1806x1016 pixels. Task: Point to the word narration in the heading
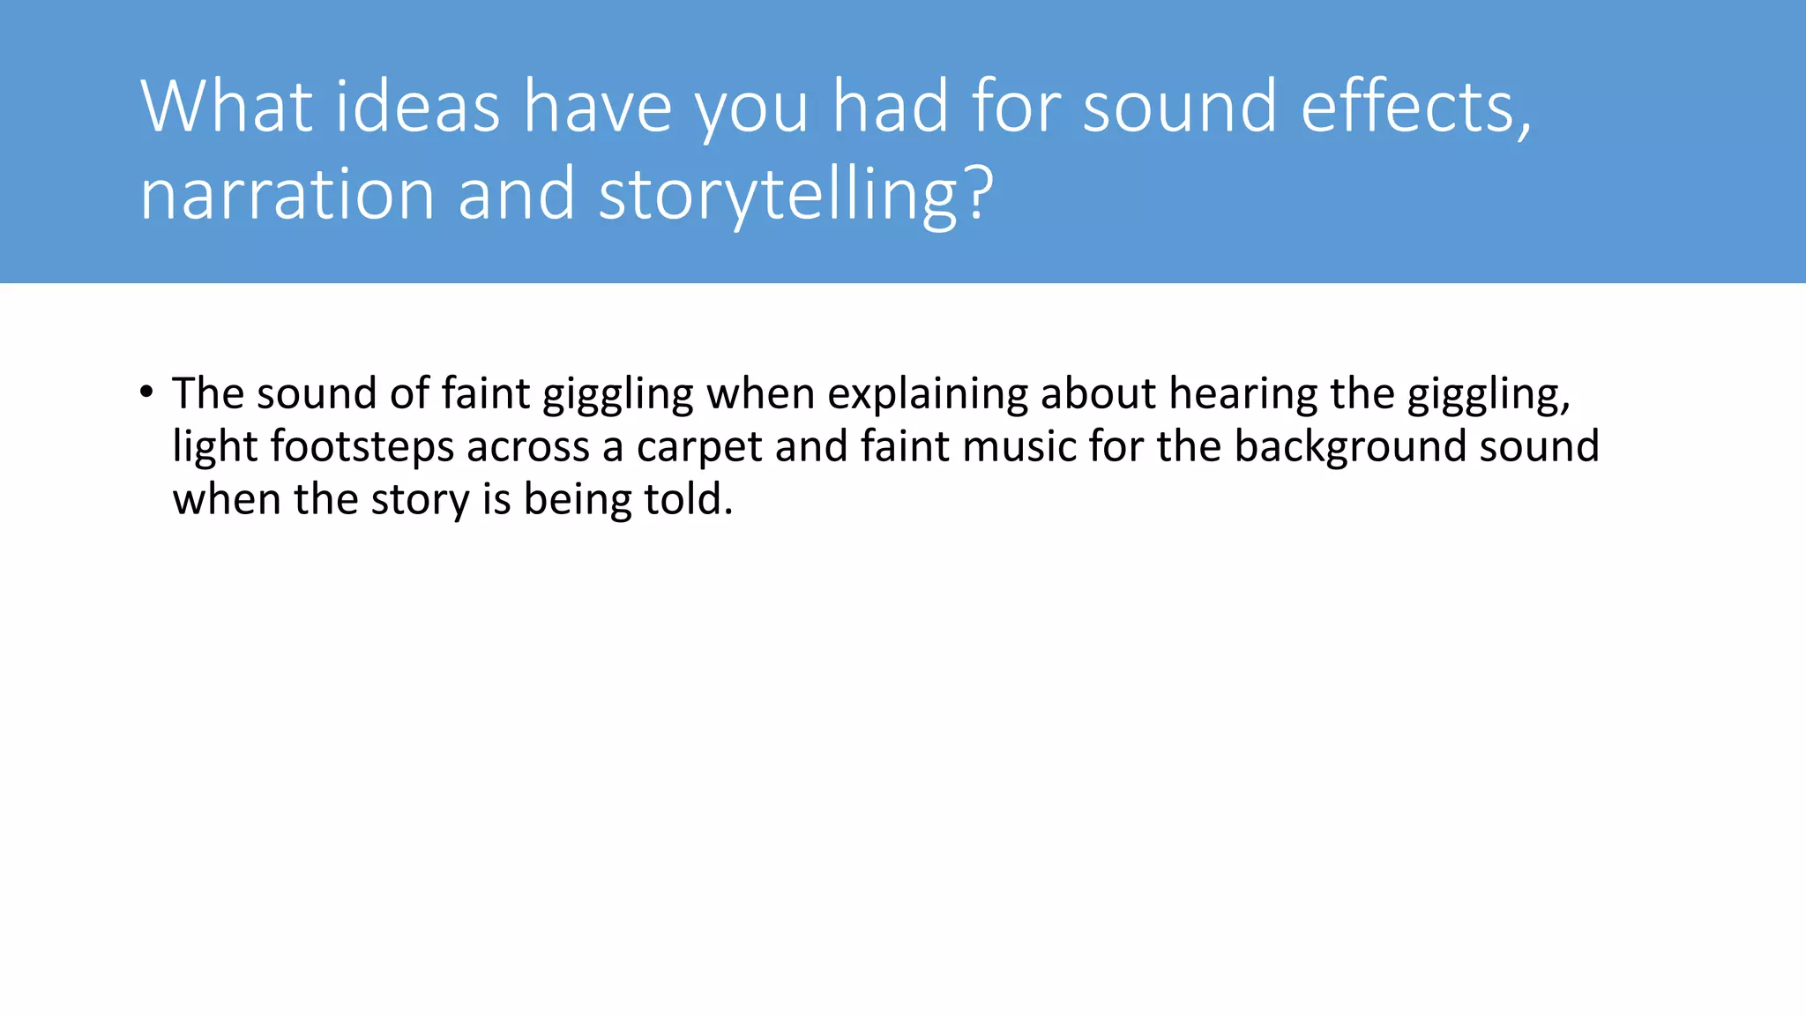(x=287, y=194)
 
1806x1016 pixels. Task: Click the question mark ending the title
(x=980, y=194)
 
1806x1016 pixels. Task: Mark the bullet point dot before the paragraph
(x=146, y=392)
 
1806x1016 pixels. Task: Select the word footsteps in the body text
(x=362, y=446)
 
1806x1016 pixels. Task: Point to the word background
(x=1350, y=446)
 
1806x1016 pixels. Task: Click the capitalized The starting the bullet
(x=208, y=393)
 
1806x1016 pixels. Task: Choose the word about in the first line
(x=1098, y=393)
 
